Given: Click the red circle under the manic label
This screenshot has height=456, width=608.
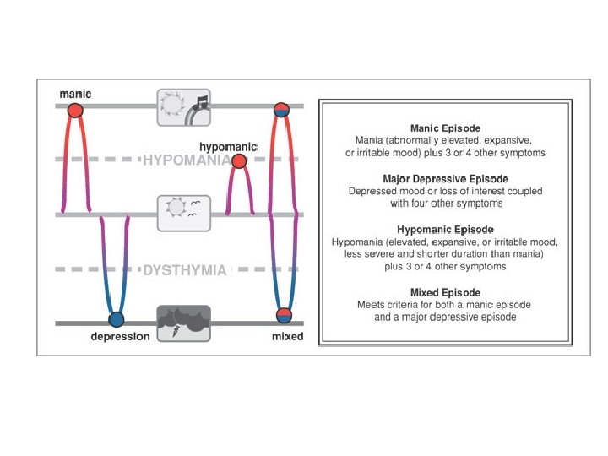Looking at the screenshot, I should (75, 110).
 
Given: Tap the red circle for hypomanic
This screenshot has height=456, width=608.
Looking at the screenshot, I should (239, 161).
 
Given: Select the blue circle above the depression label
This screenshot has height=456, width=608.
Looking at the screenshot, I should (117, 319).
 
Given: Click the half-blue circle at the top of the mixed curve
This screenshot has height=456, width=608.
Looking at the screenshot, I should (283, 110).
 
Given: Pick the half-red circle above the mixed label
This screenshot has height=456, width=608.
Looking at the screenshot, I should (284, 316).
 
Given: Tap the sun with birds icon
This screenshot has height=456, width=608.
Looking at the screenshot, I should (183, 213).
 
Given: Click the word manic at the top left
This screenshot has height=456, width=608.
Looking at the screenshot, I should (75, 93).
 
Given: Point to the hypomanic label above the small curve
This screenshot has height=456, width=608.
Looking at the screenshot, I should (227, 147).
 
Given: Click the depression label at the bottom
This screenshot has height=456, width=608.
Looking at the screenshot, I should (120, 337).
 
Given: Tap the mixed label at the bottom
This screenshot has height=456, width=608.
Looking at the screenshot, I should (287, 337).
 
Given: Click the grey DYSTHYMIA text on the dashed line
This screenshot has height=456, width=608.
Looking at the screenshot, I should (184, 270).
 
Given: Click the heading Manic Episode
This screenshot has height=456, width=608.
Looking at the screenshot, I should (445, 128).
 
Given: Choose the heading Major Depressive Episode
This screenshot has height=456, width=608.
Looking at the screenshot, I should (445, 179).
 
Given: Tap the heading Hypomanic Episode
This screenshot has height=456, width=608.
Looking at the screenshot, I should (445, 230).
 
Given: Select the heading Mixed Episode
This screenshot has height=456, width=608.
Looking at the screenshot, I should (445, 292).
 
